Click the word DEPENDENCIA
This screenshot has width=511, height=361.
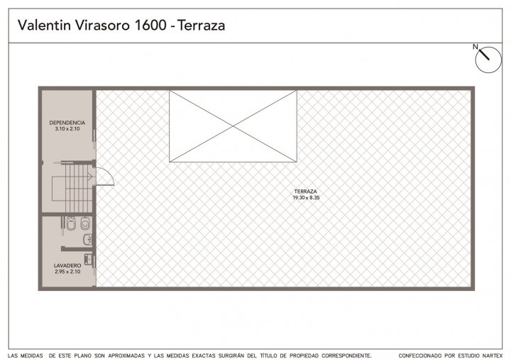(67, 123)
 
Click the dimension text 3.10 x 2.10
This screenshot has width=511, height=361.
(67, 128)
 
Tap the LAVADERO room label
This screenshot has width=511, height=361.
(67, 266)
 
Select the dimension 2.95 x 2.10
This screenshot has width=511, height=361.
(67, 272)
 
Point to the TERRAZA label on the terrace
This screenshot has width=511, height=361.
(305, 191)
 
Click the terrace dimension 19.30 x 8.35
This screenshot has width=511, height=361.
(306, 197)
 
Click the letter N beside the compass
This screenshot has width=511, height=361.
(475, 47)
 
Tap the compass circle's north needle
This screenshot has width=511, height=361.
(484, 55)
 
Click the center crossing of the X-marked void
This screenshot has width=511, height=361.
(233, 126)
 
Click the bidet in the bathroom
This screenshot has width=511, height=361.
(71, 223)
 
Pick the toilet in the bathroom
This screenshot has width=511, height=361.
(85, 223)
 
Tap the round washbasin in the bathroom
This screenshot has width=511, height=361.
(88, 240)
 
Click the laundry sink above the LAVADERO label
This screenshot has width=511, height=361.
(89, 259)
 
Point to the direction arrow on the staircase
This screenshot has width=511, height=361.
(90, 177)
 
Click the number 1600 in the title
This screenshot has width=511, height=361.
(150, 26)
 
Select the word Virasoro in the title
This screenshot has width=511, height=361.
(103, 26)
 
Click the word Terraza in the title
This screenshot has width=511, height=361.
(202, 26)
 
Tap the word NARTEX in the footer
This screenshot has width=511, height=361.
(493, 355)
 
